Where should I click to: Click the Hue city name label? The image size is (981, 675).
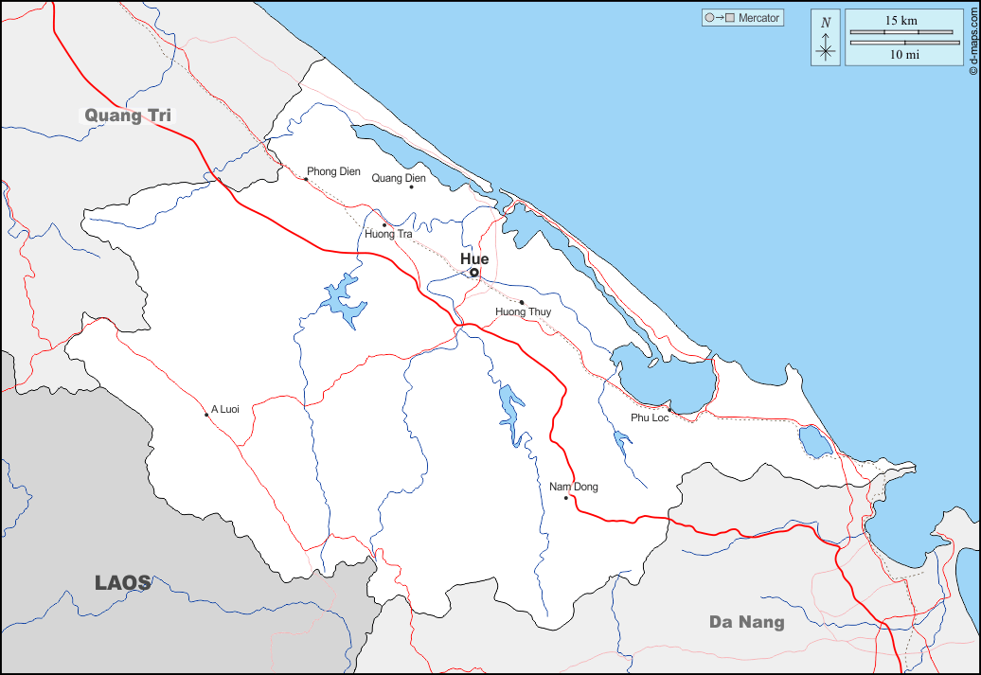[474, 258]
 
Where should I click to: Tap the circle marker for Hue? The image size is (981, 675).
[474, 273]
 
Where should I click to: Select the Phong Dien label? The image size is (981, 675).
[333, 171]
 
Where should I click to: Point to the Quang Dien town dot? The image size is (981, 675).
[411, 187]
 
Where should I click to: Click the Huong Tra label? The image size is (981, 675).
[388, 234]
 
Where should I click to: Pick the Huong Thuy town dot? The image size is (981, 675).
[522, 302]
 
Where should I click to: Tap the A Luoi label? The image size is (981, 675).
[224, 409]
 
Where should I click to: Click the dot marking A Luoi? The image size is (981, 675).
[206, 415]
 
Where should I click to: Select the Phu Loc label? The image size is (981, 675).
[650, 417]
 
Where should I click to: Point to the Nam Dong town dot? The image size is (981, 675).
[565, 498]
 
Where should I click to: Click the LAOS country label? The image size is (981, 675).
[123, 583]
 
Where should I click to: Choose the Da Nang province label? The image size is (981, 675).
[747, 622]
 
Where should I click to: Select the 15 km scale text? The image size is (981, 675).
[901, 20]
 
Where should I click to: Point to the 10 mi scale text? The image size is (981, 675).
[901, 55]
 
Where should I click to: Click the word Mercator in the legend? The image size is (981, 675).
[758, 18]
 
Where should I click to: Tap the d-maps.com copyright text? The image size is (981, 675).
[972, 38]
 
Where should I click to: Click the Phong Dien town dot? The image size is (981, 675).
[305, 179]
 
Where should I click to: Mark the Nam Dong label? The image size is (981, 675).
[574, 487]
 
